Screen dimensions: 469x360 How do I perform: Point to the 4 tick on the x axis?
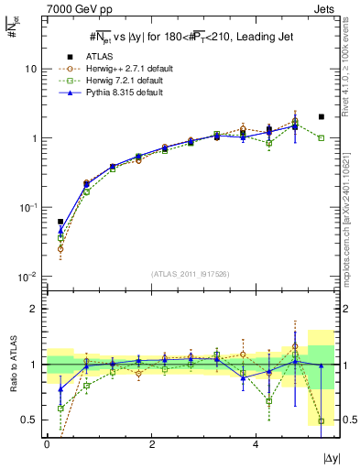pyautogui.click(x=256, y=444)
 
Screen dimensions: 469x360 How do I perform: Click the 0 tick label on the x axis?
pyautogui.click(x=47, y=444)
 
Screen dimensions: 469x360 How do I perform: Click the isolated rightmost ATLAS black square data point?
pyautogui.click(x=321, y=117)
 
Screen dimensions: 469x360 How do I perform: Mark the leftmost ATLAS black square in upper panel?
pyautogui.click(x=60, y=222)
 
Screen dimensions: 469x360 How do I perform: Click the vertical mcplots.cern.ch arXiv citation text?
pyautogui.click(x=352, y=183)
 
